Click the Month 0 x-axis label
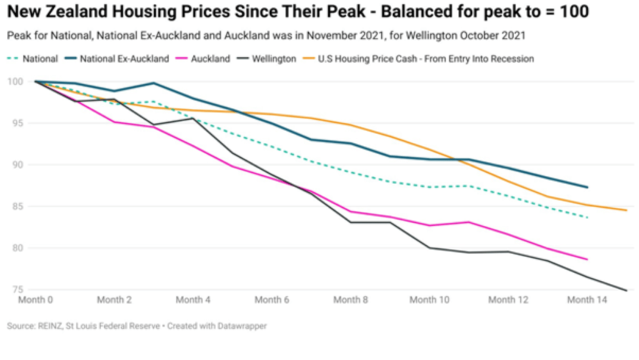point(36,300)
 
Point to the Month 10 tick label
point(429,300)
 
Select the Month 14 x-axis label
point(587,300)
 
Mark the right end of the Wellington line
point(626,290)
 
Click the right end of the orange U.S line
point(626,210)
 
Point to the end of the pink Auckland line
point(587,259)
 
